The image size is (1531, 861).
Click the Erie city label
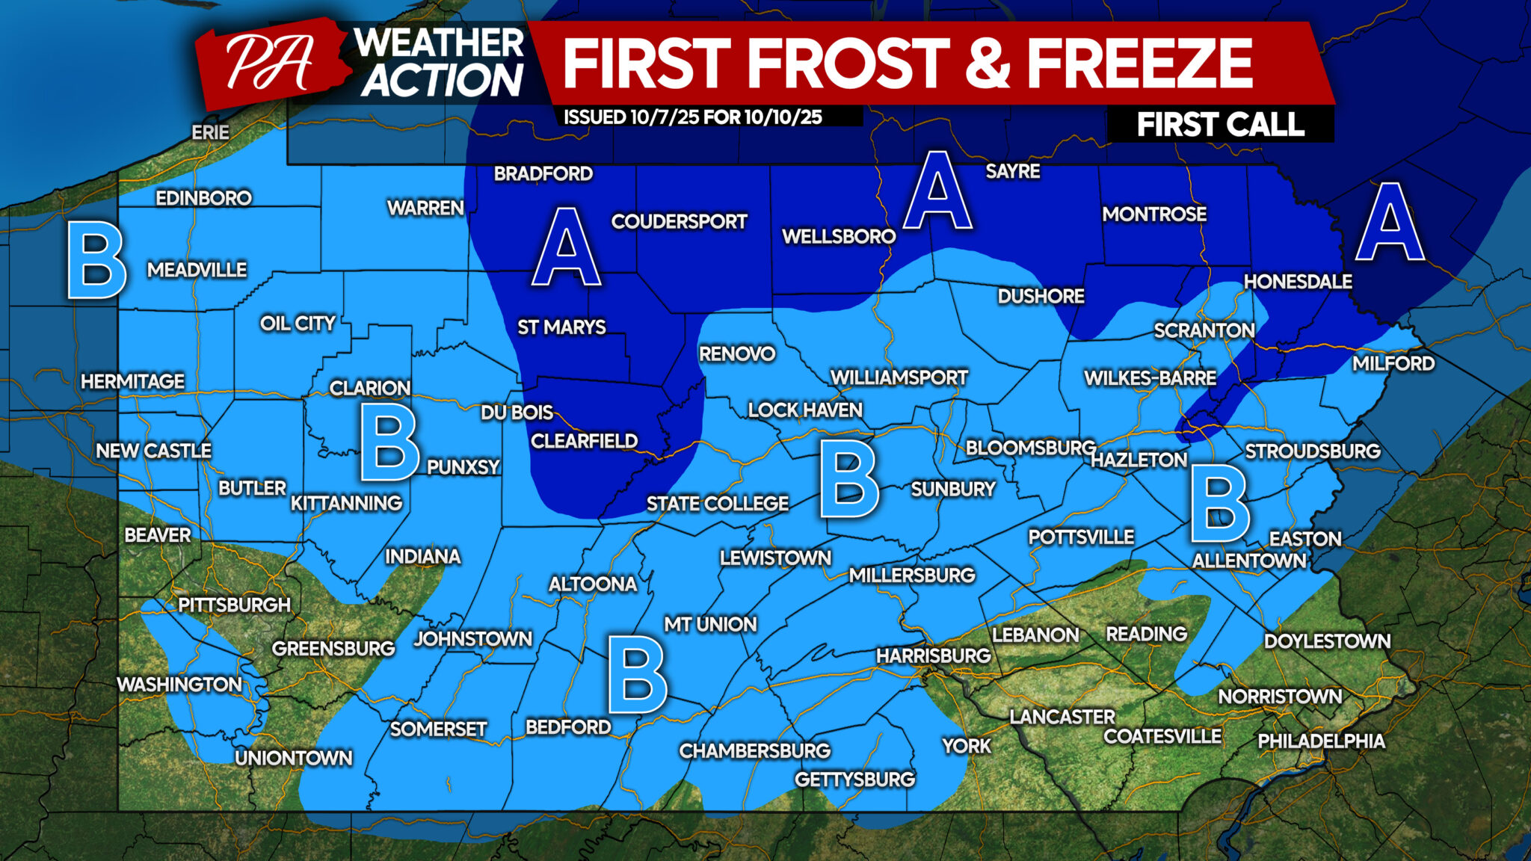pos(210,132)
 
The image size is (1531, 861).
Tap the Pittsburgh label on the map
pos(234,605)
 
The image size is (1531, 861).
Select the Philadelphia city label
pos(1321,741)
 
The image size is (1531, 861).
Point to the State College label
pos(717,504)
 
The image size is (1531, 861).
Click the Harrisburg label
pos(933,655)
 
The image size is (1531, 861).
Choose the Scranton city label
pos(1204,330)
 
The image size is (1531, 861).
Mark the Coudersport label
pos(679,221)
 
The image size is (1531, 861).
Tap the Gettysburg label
pos(854,780)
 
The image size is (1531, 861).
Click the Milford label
pos(1393,363)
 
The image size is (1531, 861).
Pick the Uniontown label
pos(293,758)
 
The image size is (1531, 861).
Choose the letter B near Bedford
pos(637,674)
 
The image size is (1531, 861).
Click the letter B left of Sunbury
pos(848,479)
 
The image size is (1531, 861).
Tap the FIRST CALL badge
pos(1220,124)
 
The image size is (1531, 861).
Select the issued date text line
pos(692,117)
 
